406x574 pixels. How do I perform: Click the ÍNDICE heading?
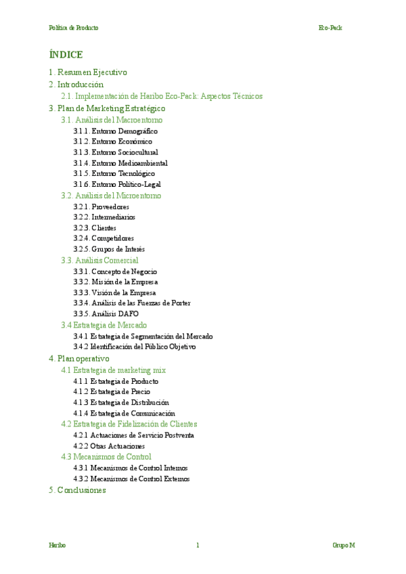click(66, 55)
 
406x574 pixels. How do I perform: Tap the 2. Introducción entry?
click(76, 85)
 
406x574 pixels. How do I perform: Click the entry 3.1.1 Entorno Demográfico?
click(116, 131)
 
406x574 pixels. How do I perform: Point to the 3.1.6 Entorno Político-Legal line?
click(118, 184)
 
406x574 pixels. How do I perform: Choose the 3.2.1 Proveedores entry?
click(101, 206)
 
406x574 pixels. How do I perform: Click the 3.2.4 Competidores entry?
click(104, 238)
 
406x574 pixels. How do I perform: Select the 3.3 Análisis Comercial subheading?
click(99, 260)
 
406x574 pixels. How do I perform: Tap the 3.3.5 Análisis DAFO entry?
click(106, 314)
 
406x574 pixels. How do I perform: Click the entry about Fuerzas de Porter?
click(132, 303)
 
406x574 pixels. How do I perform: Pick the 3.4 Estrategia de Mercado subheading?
click(104, 325)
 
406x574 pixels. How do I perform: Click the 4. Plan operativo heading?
click(79, 358)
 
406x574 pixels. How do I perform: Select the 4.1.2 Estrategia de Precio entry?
click(112, 392)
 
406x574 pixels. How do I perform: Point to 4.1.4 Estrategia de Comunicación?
click(125, 413)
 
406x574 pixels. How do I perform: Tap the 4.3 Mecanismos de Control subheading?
click(106, 457)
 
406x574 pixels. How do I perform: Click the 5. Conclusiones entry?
click(78, 490)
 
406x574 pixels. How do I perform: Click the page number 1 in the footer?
click(198, 545)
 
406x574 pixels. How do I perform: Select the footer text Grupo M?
click(344, 545)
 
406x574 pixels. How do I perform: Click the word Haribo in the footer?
click(58, 545)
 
